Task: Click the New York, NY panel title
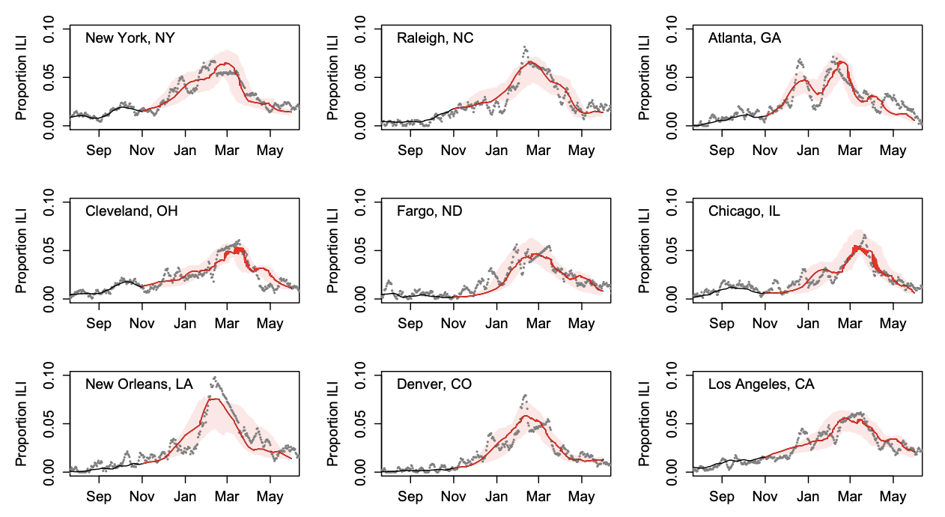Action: pos(130,38)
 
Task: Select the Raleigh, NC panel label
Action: pos(435,38)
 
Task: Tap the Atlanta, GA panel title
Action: pos(744,38)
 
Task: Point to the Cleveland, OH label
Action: pos(132,211)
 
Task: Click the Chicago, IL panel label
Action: pos(744,211)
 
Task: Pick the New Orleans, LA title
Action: pos(139,384)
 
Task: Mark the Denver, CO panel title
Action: pos(434,384)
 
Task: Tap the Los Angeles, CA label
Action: pos(762,384)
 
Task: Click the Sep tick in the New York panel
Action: pos(99,151)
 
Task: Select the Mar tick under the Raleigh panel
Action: pos(538,151)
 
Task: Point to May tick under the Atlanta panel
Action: pos(893,151)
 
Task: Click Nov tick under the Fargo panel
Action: pos(453,324)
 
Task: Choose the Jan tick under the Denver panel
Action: pos(496,497)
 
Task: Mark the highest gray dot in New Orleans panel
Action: pos(215,378)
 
